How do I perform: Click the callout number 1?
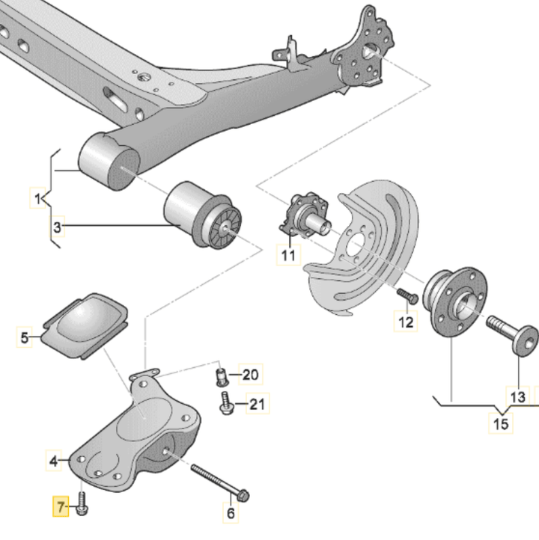click(36, 200)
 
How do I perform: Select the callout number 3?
click(58, 226)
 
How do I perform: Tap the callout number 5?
click(25, 338)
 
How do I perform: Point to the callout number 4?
click(54, 461)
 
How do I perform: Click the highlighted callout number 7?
click(58, 508)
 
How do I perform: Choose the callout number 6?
click(231, 513)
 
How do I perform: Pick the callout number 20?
click(249, 374)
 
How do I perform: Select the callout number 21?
click(257, 405)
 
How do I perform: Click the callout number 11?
click(289, 255)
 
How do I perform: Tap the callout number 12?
click(405, 322)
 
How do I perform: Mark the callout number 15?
click(501, 424)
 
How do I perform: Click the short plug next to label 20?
click(221, 375)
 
